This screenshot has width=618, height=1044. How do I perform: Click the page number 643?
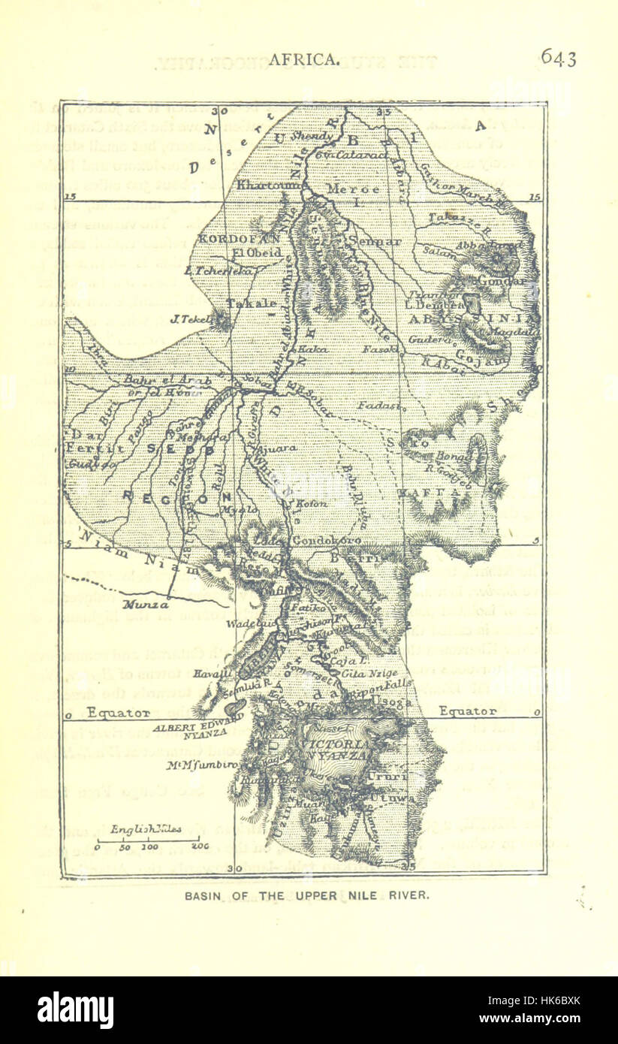[x=558, y=59]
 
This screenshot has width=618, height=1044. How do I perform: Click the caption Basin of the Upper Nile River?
[x=308, y=895]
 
